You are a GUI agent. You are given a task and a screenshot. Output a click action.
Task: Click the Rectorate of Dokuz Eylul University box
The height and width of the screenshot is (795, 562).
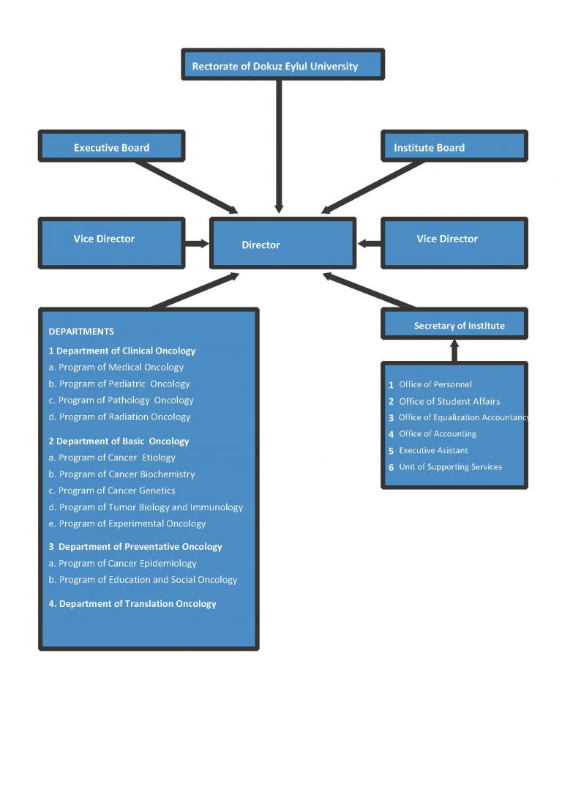pos(282,65)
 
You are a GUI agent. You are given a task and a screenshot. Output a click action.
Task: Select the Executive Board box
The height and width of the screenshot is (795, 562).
pos(111,146)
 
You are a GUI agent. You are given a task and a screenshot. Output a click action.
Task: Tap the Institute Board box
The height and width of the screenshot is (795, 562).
pos(454,146)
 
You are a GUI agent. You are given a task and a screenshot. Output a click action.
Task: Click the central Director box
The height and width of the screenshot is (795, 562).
pos(282,243)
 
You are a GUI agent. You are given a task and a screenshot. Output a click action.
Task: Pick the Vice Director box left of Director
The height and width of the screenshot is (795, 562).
pos(111,242)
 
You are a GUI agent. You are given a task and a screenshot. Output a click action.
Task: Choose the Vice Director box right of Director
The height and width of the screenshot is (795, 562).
pos(454,242)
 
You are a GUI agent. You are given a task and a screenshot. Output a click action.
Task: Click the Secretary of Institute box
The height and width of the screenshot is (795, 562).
pos(454,324)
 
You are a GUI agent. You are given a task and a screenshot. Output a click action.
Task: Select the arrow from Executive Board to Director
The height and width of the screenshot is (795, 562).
pos(187,187)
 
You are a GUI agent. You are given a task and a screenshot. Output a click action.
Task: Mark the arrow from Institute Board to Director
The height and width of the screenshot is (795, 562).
pos(373,187)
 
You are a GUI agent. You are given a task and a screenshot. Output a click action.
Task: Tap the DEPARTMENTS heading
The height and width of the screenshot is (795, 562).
pos(81,332)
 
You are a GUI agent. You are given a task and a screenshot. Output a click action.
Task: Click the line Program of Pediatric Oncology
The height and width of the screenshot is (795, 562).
pos(124,384)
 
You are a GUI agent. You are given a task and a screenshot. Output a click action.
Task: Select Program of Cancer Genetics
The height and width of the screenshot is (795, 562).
pos(116,490)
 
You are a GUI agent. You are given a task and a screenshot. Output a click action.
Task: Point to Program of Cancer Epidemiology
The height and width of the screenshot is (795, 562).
pos(127,564)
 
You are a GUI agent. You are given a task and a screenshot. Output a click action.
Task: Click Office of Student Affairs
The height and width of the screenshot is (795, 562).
pos(449,401)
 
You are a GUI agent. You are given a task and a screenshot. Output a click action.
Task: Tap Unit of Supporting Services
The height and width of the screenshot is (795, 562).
pos(450,467)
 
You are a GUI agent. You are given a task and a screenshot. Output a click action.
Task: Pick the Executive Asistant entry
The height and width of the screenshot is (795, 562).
pos(433,451)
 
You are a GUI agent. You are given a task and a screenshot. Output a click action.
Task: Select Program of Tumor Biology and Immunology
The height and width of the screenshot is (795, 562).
pos(150,507)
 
